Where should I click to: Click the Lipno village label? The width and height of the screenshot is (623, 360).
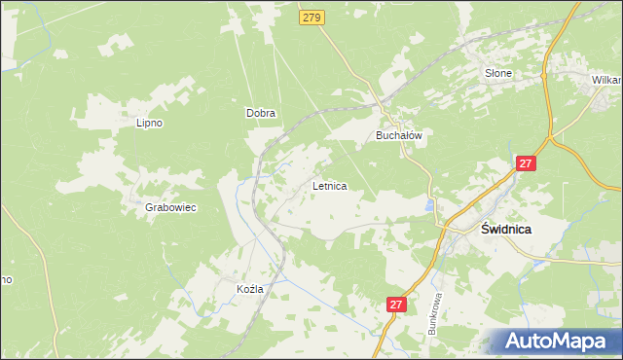click(x=149, y=124)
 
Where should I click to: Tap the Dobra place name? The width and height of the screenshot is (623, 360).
click(x=260, y=113)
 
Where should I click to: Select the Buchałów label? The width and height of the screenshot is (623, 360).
click(x=399, y=136)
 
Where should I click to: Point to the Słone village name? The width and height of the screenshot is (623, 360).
click(x=498, y=73)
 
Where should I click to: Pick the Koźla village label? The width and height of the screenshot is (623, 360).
click(x=250, y=289)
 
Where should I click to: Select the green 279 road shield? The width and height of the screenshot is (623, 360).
click(x=311, y=18)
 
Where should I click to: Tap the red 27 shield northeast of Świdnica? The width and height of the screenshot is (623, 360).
click(x=526, y=166)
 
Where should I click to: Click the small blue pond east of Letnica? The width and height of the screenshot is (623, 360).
click(x=429, y=205)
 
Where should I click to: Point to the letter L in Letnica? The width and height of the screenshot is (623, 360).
click(x=314, y=185)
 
